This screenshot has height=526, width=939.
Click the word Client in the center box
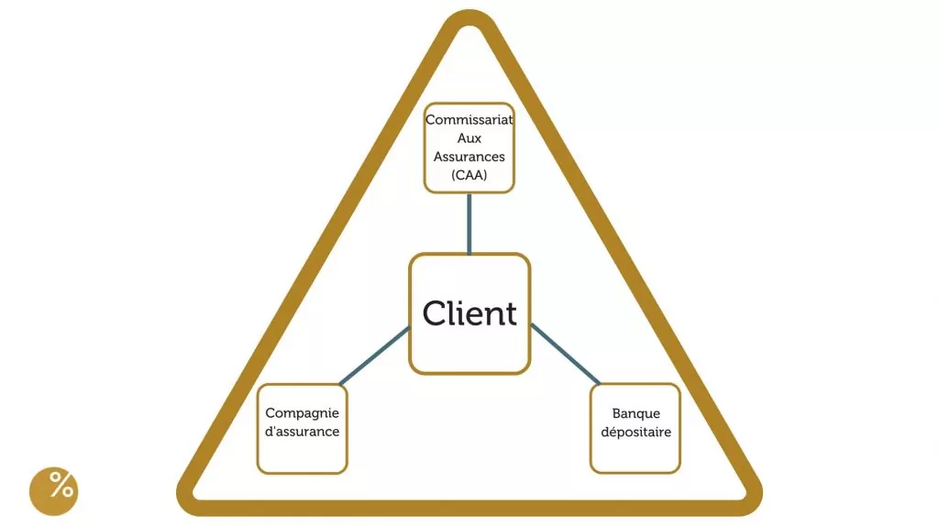point(469,313)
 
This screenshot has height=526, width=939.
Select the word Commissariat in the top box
point(469,120)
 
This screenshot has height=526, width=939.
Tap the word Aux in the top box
point(469,138)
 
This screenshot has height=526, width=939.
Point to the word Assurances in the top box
point(469,157)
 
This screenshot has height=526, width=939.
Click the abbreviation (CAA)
point(469,175)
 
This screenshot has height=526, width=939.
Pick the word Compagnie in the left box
point(302,413)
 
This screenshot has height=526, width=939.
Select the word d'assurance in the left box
point(302,432)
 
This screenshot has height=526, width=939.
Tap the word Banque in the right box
point(635,413)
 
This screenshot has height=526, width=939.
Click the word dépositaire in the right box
point(635,432)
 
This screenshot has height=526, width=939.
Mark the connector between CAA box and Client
point(469,223)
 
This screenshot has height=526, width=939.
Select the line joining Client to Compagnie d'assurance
point(374,356)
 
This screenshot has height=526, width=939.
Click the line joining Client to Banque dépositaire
point(565,354)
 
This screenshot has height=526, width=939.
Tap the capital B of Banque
point(617,413)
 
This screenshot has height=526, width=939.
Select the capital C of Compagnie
point(271,413)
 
